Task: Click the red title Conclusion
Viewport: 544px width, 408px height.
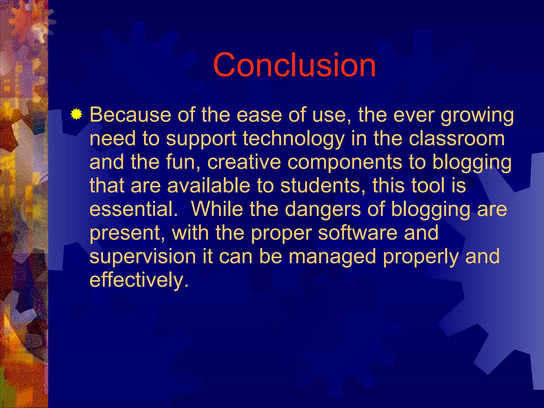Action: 294,65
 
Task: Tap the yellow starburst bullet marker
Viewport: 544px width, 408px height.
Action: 76,114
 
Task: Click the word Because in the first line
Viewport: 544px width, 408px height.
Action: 130,115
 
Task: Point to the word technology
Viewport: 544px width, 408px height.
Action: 293,139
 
